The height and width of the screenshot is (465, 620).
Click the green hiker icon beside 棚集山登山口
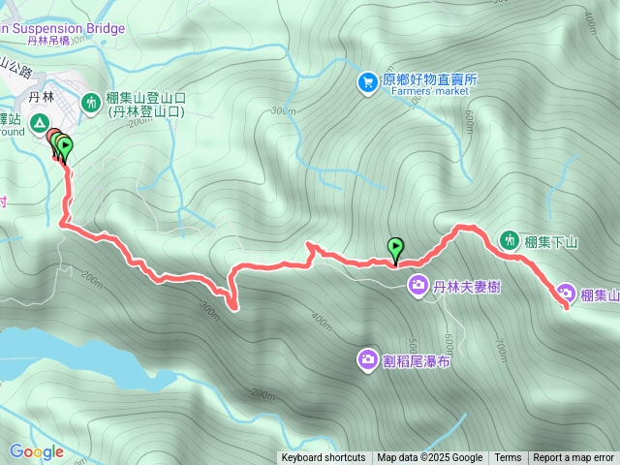click(91, 101)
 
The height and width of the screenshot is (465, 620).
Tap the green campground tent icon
click(40, 123)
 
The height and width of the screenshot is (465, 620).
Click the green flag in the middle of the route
click(395, 249)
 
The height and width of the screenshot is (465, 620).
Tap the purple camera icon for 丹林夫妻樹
click(418, 285)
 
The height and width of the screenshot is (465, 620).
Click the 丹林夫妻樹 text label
click(468, 286)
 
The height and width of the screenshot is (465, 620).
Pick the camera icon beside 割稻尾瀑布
click(367, 360)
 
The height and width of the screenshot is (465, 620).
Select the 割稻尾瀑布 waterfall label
click(417, 361)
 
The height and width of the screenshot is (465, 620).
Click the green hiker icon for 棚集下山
click(510, 239)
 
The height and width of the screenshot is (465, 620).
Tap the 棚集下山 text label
click(550, 241)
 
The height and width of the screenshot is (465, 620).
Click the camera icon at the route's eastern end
click(566, 294)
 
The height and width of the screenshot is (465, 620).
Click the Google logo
click(36, 451)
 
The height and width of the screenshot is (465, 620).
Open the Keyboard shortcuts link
click(323, 458)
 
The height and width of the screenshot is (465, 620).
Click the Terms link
click(508, 458)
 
